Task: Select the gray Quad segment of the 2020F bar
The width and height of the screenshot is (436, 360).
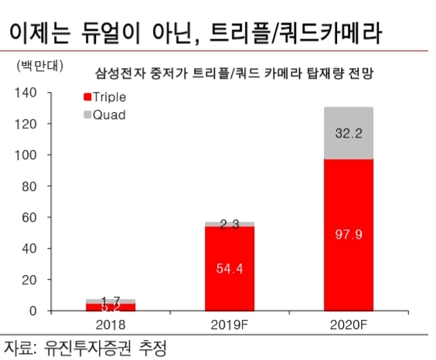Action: click(x=359, y=133)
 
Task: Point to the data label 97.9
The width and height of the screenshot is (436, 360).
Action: click(x=359, y=234)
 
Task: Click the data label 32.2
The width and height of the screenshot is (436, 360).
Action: click(x=359, y=133)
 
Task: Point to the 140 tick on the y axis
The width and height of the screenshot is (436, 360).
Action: click(x=26, y=93)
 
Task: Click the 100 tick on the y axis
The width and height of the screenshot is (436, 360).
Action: click(x=26, y=155)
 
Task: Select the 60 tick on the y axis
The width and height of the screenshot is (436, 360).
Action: click(x=29, y=218)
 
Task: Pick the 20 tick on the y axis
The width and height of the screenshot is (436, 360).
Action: click(x=29, y=280)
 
